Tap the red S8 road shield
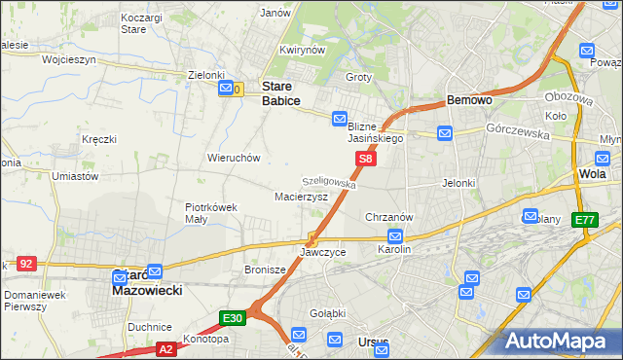(x=365, y=159)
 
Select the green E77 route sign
(x=585, y=221)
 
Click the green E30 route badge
(x=233, y=317)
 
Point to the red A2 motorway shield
(x=165, y=348)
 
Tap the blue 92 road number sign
(x=26, y=263)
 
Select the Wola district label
(x=592, y=174)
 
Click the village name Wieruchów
(x=233, y=157)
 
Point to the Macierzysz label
(x=301, y=196)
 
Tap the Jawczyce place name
(x=323, y=252)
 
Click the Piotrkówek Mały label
(x=211, y=212)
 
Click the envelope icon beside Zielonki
(x=226, y=90)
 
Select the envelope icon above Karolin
(x=395, y=235)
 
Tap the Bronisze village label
(x=264, y=270)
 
